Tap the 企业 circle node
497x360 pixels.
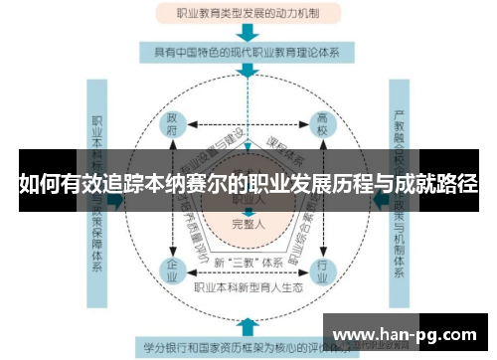pyautogui.click(x=173, y=269)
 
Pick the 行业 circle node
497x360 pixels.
pyautogui.click(x=321, y=269)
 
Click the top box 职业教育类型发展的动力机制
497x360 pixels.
pyautogui.click(x=248, y=13)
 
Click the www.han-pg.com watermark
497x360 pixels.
pyautogui.click(x=408, y=333)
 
